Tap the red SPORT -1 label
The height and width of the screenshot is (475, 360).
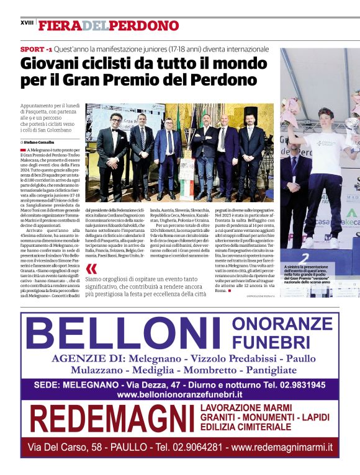tap(36, 48)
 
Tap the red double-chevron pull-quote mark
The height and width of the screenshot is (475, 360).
tap(92, 269)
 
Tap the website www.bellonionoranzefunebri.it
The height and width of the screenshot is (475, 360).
tap(179, 394)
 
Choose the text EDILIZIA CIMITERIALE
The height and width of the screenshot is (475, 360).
tap(246, 427)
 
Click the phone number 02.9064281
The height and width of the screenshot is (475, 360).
tap(196, 446)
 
